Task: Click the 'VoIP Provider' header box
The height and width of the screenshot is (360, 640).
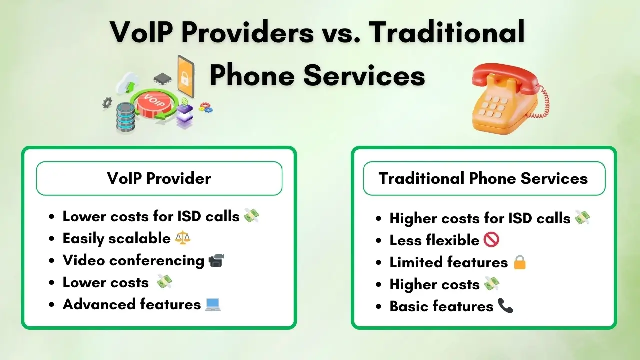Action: [x=159, y=178]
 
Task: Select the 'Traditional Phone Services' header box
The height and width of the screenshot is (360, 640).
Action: [x=483, y=178]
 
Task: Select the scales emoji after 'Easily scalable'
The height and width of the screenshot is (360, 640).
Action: [x=183, y=238]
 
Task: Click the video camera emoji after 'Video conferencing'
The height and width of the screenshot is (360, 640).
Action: [x=216, y=260]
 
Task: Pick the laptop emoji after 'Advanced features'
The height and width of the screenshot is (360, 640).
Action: [x=213, y=304]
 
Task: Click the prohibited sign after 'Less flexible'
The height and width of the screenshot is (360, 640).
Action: [x=491, y=240]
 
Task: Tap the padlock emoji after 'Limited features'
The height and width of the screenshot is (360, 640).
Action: [x=520, y=262]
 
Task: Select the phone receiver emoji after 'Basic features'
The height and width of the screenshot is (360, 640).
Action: [x=505, y=306]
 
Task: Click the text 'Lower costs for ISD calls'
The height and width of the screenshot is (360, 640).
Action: [x=151, y=216]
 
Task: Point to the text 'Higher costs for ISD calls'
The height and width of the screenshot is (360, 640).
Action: [x=480, y=218]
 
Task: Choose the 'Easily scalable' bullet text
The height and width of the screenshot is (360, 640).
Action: [x=116, y=238]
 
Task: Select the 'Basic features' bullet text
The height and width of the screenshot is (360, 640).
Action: [x=441, y=306]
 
